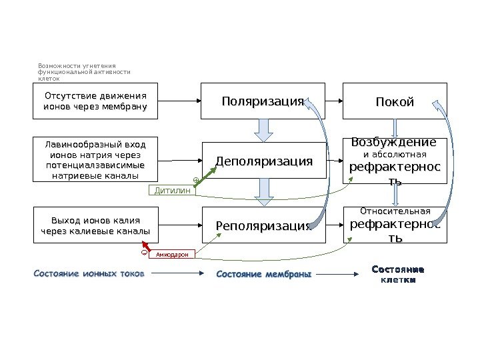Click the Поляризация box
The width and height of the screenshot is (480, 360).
[263, 101]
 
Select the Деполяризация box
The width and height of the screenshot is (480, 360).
[264, 161]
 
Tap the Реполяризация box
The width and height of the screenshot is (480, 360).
[264, 225]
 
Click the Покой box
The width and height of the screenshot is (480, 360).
[395, 101]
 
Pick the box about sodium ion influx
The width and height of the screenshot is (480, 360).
[95, 160]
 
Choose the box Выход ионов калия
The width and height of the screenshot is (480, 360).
[95, 225]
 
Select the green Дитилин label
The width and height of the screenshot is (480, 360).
[173, 191]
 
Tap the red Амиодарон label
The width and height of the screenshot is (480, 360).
[172, 254]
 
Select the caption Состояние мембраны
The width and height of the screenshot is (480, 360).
[264, 274]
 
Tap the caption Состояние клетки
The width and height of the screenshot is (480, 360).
[397, 275]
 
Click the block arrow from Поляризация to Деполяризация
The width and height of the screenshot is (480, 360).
[264, 129]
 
